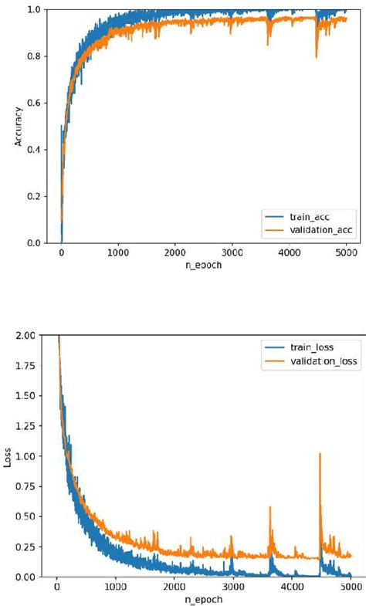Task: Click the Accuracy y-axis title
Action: click(x=17, y=126)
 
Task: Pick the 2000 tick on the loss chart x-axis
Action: click(x=175, y=587)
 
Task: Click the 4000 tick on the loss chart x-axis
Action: click(x=292, y=587)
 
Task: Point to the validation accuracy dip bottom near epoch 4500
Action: click(x=317, y=58)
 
